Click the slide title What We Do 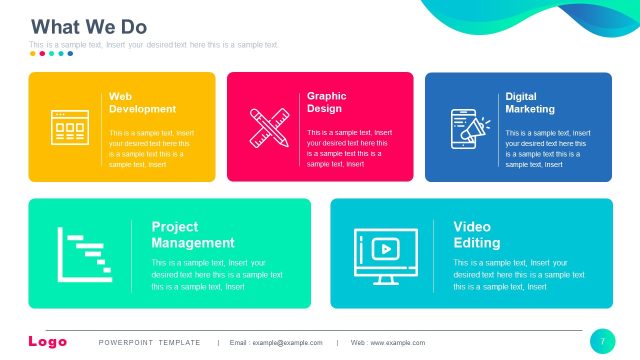[88, 26]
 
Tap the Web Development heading [142, 103]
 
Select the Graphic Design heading [325, 103]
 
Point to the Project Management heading [193, 235]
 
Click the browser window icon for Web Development [69, 128]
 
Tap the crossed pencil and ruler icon [268, 127]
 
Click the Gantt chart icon [84, 254]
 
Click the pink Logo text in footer [48, 342]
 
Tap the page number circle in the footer [603, 341]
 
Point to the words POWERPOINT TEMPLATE [149, 343]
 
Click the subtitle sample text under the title [154, 45]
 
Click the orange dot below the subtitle [33, 54]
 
